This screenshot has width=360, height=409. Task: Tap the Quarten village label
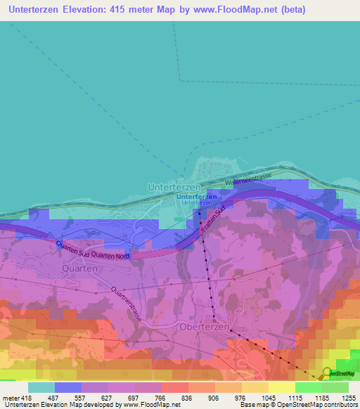click(x=79, y=268)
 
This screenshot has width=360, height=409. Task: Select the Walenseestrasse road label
click(x=247, y=178)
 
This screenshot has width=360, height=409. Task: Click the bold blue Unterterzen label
click(x=196, y=197)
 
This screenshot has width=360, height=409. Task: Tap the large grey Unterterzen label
click(x=174, y=188)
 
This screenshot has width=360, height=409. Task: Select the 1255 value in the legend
click(x=349, y=397)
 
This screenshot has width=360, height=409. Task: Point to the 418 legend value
click(x=22, y=397)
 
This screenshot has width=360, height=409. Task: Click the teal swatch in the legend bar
click(x=41, y=387)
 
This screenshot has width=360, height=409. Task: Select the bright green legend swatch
click(x=308, y=387)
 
